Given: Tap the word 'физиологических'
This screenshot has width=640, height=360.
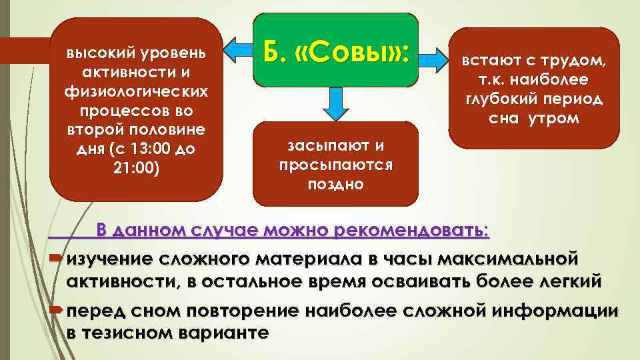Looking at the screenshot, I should pyautogui.click(x=137, y=89).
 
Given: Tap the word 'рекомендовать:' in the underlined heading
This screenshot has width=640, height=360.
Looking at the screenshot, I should pyautogui.click(x=413, y=231).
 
